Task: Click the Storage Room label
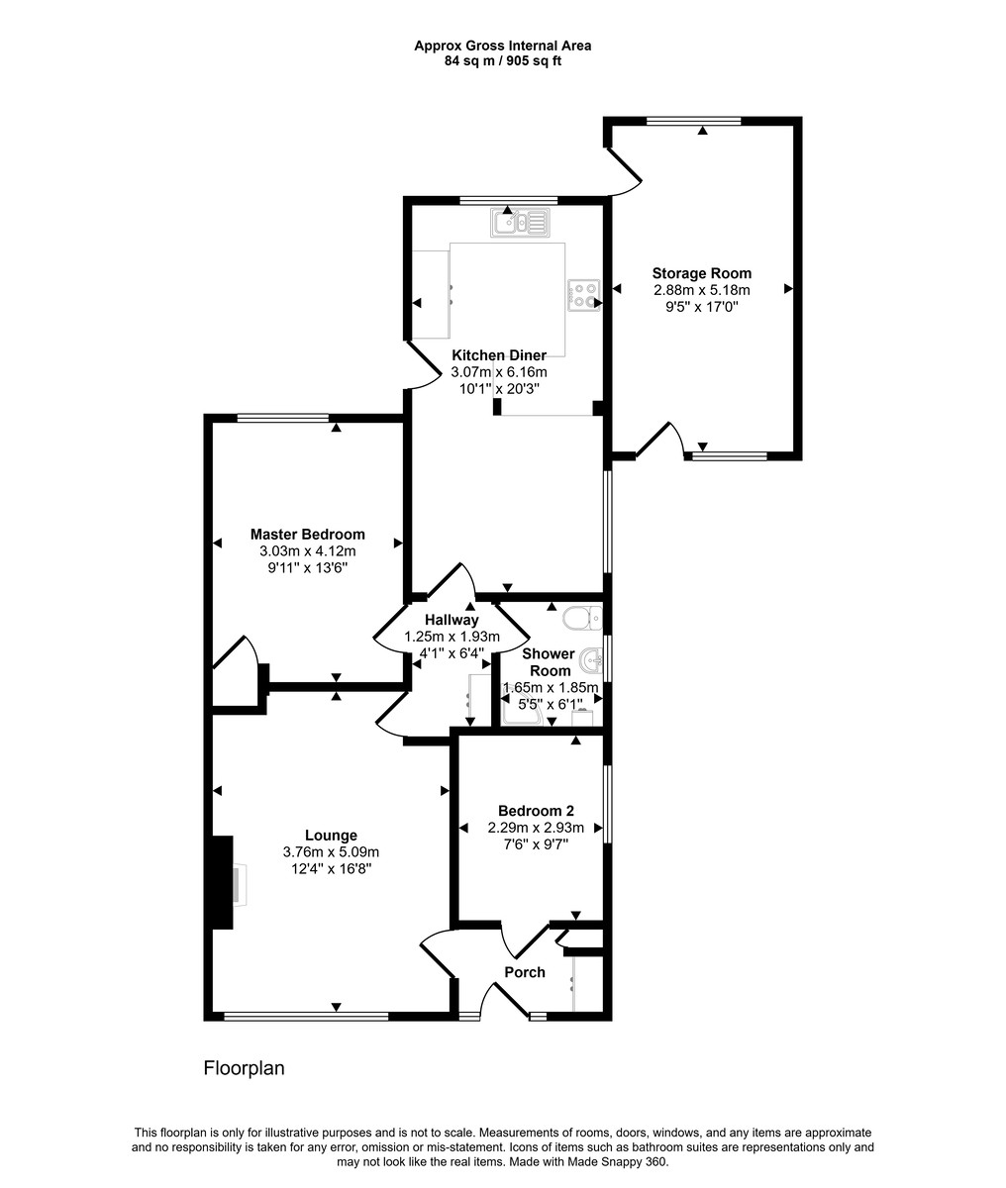coord(701,273)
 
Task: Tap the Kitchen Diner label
coord(499,355)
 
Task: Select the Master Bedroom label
coord(308,535)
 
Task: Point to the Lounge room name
coord(331,836)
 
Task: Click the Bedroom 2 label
coord(536,811)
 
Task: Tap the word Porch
coord(525,972)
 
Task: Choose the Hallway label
coord(452,620)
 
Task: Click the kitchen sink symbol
coord(520,223)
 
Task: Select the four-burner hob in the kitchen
coord(584,295)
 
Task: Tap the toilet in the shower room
coord(583,619)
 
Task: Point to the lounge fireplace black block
coord(222,882)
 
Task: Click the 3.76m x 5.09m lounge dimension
coord(331,852)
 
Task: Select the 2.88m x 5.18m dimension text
coord(702,290)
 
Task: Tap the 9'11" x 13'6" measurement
coord(308,568)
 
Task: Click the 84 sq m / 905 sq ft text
coord(503,61)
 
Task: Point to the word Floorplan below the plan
coord(245,1068)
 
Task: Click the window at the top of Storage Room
coord(694,121)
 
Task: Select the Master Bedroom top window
coord(283,418)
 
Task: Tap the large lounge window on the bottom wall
coord(306,1017)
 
